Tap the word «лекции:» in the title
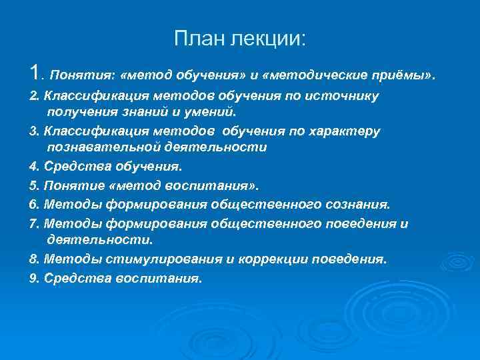pyautogui.click(x=270, y=39)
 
